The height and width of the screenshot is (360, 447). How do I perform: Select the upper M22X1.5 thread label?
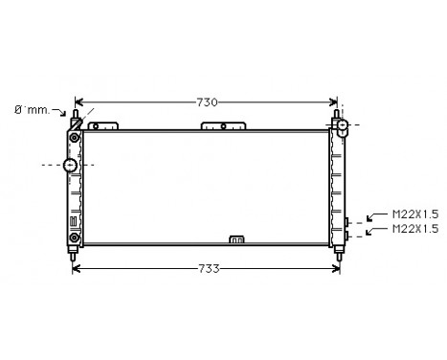point(414,214)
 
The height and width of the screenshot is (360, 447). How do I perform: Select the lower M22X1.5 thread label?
point(414,229)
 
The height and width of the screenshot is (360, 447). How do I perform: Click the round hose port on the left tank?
point(70,166)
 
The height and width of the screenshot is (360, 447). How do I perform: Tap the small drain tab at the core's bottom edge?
point(235,239)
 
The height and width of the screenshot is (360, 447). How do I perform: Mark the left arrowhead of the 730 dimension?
point(78,101)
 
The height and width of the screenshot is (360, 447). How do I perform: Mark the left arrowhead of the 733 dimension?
point(78,268)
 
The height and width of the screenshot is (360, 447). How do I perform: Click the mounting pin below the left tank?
point(73,253)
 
